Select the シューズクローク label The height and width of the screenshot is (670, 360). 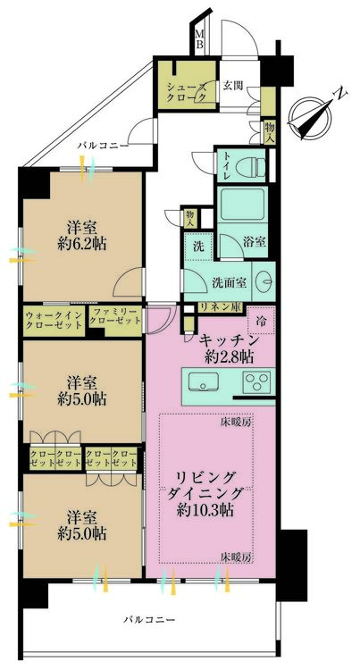pyautogui.click(x=185, y=92)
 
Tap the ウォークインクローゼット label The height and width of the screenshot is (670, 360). pyautogui.click(x=54, y=321)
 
